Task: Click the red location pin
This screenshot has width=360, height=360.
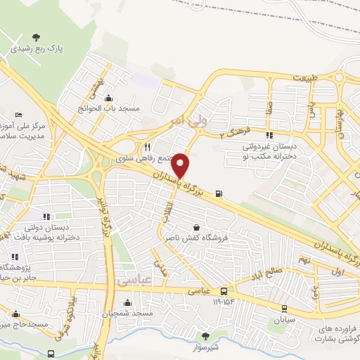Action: tap(181, 165)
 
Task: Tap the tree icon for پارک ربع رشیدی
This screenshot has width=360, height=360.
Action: tap(37, 37)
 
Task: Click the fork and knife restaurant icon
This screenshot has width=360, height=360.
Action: tap(147, 148)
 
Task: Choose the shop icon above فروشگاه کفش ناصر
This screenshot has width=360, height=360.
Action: tap(195, 228)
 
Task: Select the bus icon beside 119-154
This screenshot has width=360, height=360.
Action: tap(224, 290)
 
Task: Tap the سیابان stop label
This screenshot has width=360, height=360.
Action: tap(285, 319)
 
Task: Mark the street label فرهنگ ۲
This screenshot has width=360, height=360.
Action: tap(232, 133)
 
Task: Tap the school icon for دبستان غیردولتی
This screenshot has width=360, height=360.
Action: tap(268, 135)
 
